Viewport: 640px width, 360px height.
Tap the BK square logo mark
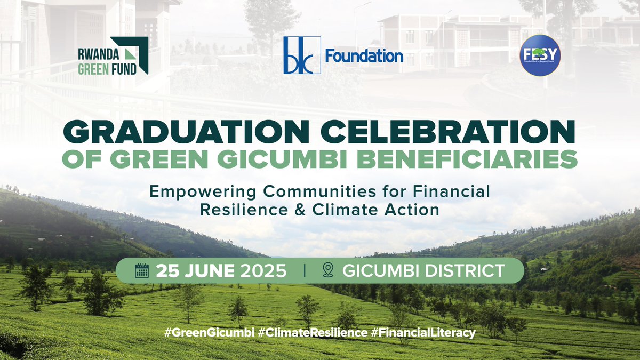(302, 55)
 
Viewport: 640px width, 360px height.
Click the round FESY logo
(540, 55)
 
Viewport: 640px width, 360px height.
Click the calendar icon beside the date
(142, 270)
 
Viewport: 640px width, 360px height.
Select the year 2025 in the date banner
(262, 270)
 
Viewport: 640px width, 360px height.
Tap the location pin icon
(328, 270)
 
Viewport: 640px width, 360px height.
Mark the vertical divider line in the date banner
(305, 270)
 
